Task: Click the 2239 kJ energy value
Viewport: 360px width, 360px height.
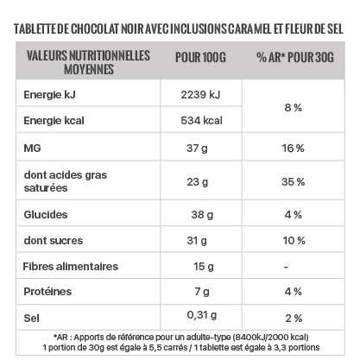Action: tap(200, 95)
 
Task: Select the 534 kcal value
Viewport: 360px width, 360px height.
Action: tap(201, 121)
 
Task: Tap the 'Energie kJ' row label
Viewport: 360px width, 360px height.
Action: tap(49, 95)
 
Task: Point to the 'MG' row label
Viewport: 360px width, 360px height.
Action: tap(32, 148)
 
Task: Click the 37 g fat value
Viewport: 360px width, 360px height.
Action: tap(197, 148)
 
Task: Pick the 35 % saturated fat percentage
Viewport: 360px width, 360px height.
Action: tap(293, 182)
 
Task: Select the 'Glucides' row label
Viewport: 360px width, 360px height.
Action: tap(46, 215)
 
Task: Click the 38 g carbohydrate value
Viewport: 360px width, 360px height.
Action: tap(202, 215)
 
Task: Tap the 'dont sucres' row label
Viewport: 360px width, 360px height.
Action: tap(54, 241)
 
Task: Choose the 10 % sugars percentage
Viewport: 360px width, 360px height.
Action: tap(294, 241)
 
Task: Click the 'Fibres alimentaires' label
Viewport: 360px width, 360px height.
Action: tap(71, 267)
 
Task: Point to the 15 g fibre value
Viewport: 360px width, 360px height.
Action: tap(204, 267)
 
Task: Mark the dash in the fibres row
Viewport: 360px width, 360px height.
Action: tap(286, 268)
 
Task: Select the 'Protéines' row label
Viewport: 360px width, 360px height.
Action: tap(47, 292)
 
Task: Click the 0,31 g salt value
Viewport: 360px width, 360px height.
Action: tap(201, 315)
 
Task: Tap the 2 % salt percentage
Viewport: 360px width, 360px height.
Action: tap(294, 319)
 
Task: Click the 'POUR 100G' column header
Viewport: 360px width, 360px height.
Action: tap(200, 57)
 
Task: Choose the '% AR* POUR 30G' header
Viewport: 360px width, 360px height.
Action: tap(295, 57)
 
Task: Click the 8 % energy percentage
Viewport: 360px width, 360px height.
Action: tap(294, 108)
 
